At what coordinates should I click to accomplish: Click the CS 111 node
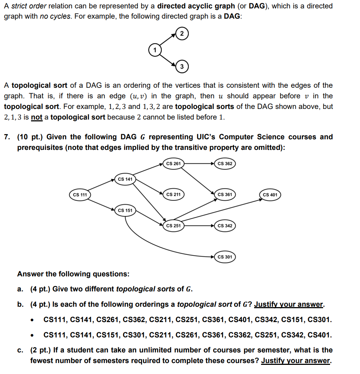pos(80,194)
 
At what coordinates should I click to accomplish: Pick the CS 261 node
pos(173,163)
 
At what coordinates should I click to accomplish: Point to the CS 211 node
pos(173,194)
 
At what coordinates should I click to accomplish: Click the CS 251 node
pos(173,226)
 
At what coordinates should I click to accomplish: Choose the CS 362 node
pos(225,163)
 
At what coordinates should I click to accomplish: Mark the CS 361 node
pos(225,194)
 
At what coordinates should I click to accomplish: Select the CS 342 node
pos(225,226)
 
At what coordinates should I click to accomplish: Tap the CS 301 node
pos(225,257)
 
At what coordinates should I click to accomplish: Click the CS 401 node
pos(270,194)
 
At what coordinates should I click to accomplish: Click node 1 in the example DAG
pos(154,49)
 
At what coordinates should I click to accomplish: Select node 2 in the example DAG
pos(182,33)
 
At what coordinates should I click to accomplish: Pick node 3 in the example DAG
pos(182,66)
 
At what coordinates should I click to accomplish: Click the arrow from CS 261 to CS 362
pos(199,163)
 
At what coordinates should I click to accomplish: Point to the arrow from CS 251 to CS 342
pos(199,226)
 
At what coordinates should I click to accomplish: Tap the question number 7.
pos(7,137)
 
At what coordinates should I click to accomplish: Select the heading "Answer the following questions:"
pos(73,274)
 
